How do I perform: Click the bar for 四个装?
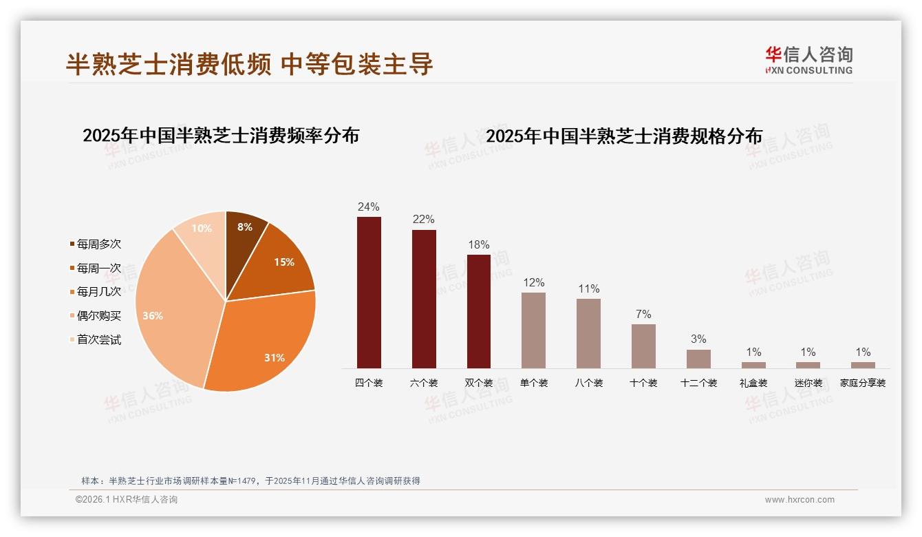(x=369, y=293)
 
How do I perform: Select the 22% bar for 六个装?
(x=424, y=299)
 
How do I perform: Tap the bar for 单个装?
(x=533, y=330)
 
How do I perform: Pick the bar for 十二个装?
(x=698, y=359)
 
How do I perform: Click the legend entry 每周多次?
(x=98, y=244)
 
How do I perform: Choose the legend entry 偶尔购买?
(x=98, y=316)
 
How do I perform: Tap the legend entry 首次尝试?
(x=98, y=339)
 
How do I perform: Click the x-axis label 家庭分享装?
(x=863, y=383)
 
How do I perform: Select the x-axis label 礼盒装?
(x=753, y=383)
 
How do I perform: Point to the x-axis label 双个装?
(x=479, y=383)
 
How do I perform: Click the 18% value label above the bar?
(x=479, y=244)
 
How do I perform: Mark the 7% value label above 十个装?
(x=643, y=314)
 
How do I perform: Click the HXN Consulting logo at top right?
(x=809, y=61)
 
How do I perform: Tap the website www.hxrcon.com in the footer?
(x=800, y=500)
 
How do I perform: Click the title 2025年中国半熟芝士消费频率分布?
(x=221, y=135)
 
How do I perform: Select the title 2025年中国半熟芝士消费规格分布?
(x=624, y=136)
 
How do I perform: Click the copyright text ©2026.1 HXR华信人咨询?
(x=127, y=500)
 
